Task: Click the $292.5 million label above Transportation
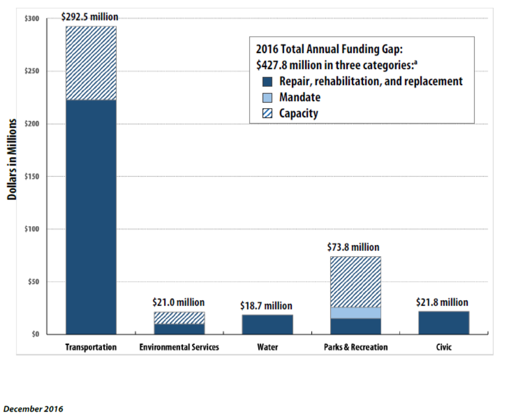tap(90, 17)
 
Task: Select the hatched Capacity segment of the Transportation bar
tap(91, 63)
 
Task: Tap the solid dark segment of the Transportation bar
tap(91, 217)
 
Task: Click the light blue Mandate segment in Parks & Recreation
tap(356, 313)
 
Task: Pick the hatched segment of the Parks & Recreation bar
tap(356, 282)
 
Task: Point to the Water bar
tap(267, 324)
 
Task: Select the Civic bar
tap(444, 323)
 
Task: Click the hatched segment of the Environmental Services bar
tap(179, 318)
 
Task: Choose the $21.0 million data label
tap(179, 303)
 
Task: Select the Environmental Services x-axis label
tap(179, 347)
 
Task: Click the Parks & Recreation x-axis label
tap(356, 347)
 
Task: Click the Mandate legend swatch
tap(267, 97)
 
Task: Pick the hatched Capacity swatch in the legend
tap(267, 113)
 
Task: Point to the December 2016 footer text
tap(34, 409)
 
